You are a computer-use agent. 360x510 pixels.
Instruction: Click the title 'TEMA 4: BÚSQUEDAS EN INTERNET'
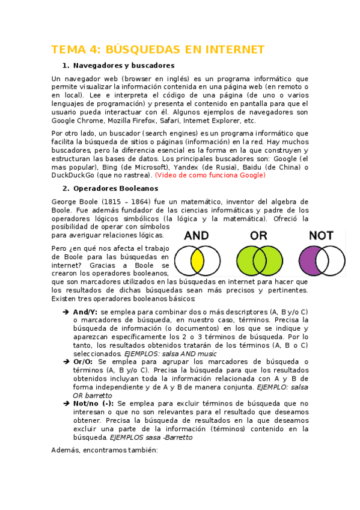click(158, 49)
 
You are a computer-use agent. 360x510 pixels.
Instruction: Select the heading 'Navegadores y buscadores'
click(123, 66)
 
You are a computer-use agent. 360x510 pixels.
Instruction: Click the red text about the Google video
click(210, 175)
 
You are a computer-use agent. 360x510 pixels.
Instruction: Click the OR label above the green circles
click(259, 236)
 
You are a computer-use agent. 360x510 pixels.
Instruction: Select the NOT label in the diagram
click(321, 236)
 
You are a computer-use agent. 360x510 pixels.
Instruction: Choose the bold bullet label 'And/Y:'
click(85, 312)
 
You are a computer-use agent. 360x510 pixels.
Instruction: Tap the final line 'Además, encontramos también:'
click(104, 449)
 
